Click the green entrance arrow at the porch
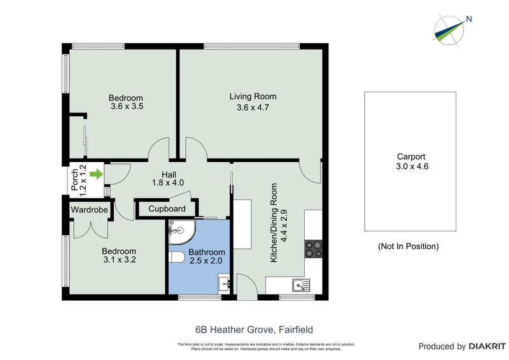click(96, 174)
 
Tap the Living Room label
click(253, 97)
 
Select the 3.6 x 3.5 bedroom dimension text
click(126, 107)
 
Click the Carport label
click(410, 156)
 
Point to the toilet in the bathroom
click(178, 257)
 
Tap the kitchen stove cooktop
click(314, 248)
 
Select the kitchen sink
click(298, 284)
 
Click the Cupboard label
click(167, 209)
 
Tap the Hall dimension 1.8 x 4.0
click(168, 183)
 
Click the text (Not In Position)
click(408, 246)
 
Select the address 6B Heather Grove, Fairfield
click(254, 329)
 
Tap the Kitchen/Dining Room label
click(275, 223)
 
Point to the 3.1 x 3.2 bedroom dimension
click(120, 260)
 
